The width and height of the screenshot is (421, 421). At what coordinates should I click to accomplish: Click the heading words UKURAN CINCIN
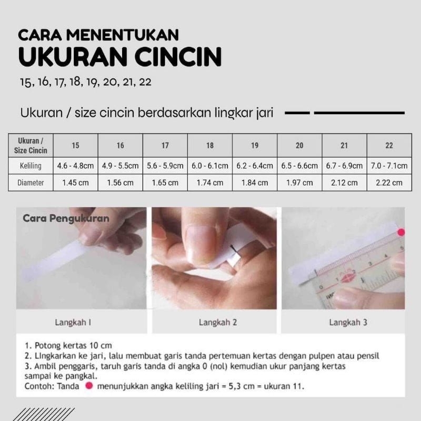click(x=120, y=56)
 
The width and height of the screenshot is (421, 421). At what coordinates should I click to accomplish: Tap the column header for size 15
click(x=76, y=146)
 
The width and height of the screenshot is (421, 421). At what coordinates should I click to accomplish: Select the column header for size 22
click(x=389, y=146)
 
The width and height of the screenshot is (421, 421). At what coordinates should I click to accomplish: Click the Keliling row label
click(x=31, y=166)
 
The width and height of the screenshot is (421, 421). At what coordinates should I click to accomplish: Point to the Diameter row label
click(x=31, y=183)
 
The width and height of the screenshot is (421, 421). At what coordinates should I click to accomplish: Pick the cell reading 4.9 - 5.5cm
click(x=121, y=166)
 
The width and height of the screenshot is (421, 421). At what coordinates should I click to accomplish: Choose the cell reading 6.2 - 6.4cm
click(x=255, y=166)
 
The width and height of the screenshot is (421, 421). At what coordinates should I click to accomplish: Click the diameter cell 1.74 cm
click(x=210, y=183)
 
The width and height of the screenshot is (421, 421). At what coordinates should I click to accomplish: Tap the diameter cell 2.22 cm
click(x=389, y=183)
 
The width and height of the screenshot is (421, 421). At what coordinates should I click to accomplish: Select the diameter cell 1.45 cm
click(x=76, y=183)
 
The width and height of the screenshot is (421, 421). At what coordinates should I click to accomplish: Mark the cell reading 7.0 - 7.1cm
click(x=389, y=166)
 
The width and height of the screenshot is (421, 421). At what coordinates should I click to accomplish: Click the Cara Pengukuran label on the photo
click(x=66, y=218)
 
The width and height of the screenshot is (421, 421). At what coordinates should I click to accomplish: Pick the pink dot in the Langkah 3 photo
click(x=401, y=232)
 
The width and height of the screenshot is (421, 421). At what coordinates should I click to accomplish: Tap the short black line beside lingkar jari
click(x=297, y=113)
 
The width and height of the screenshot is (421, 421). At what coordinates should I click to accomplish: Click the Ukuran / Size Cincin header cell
click(x=31, y=146)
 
